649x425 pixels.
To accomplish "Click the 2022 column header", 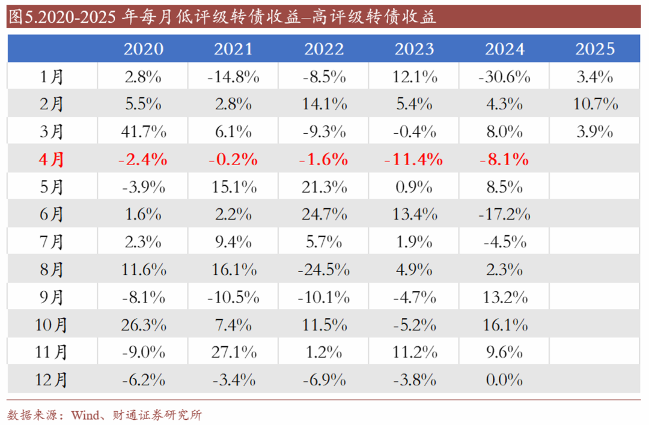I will pos(324,49).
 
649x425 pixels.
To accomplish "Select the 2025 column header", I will pos(595,49).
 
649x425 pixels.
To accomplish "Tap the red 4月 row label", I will pos(52,160).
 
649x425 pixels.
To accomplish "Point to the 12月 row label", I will pos(52,379).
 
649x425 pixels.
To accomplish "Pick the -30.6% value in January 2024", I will pos(504,77).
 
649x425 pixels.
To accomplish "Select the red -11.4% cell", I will pos(414,160).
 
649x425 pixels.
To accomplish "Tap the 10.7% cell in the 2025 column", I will pos(595,104).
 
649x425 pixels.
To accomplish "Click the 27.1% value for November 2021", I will pos(233,352).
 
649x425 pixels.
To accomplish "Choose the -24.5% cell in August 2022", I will pos(324,270).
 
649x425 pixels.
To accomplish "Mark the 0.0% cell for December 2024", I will pos(504,379).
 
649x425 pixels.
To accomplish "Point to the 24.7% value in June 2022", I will pos(324,214).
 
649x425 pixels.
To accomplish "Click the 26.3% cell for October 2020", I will pos(143,325).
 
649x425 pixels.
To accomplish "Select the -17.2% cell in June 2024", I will pos(504,214).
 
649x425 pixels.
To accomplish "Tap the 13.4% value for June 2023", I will pos(414,214).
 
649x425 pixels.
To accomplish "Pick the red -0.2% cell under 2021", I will pos(233,160).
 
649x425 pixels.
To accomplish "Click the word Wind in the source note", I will pos(84,415).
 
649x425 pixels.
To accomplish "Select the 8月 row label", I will pos(52,270).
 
